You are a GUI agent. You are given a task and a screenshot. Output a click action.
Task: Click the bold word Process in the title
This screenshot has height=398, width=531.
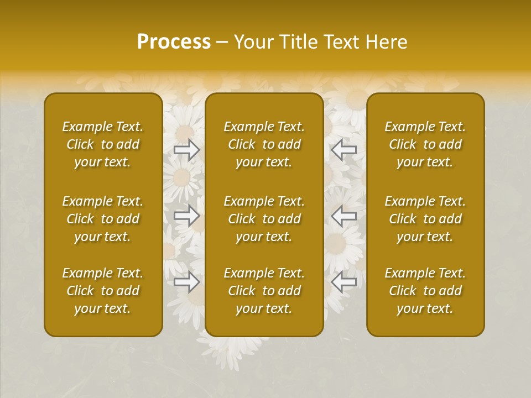click(x=174, y=42)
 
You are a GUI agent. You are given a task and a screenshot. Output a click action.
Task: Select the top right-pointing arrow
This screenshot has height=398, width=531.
click(x=187, y=150)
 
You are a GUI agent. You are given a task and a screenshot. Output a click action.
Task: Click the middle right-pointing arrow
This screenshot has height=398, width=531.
click(x=187, y=216)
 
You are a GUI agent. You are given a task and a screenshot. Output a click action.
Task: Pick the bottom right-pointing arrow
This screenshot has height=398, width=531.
click(x=187, y=282)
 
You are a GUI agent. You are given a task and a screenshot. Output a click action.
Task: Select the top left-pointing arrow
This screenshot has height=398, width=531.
click(x=344, y=150)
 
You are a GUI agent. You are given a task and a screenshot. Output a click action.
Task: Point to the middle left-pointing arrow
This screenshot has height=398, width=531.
click(x=344, y=216)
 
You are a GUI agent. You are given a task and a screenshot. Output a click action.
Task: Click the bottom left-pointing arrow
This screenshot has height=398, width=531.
click(x=344, y=282)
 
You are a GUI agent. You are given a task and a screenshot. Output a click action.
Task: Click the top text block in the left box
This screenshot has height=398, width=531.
click(x=103, y=144)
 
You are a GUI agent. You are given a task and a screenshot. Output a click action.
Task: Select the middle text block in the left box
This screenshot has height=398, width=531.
click(x=103, y=219)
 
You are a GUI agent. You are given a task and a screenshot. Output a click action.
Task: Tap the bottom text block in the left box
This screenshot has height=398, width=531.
click(x=103, y=291)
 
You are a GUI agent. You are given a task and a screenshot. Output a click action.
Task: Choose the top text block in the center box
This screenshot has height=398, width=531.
click(x=264, y=144)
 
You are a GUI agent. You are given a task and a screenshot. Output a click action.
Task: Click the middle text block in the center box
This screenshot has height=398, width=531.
click(x=264, y=219)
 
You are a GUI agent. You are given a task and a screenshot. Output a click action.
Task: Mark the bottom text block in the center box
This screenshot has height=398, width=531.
click(x=264, y=291)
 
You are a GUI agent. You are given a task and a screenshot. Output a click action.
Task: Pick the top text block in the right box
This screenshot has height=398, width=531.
click(x=425, y=144)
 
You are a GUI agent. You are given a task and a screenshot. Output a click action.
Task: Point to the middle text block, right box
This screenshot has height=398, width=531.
click(x=425, y=219)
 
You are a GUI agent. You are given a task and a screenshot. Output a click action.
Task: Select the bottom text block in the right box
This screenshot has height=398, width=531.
click(x=425, y=291)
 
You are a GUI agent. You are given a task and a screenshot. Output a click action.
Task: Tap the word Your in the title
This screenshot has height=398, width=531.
click(x=252, y=42)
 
